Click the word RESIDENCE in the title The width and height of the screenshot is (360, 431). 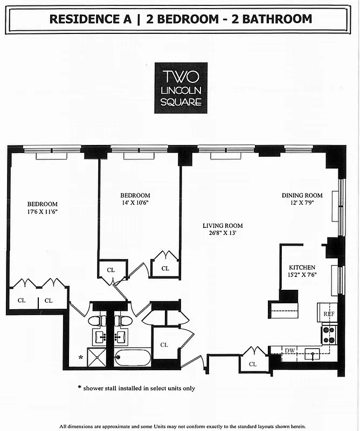pyautogui.click(x=81, y=19)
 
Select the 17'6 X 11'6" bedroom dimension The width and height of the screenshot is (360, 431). pyautogui.click(x=43, y=212)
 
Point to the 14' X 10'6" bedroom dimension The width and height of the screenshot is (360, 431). pyautogui.click(x=135, y=203)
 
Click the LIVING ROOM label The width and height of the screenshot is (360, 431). pyautogui.click(x=223, y=226)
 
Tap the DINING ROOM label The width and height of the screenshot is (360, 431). pyautogui.click(x=302, y=195)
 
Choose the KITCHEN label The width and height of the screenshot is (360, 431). pyautogui.click(x=302, y=267)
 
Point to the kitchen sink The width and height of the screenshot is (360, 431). pyautogui.click(x=311, y=354)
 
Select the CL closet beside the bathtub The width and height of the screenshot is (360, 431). pyautogui.click(x=164, y=345)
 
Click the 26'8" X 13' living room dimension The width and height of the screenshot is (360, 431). pyautogui.click(x=223, y=234)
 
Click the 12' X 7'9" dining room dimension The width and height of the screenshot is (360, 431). pyautogui.click(x=302, y=203)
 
